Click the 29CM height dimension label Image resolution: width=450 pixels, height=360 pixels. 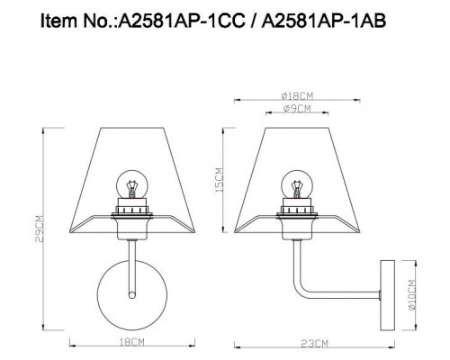point(40,229)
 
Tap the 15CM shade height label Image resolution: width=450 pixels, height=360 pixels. point(219,180)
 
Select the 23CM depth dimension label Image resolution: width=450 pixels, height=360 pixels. point(315,344)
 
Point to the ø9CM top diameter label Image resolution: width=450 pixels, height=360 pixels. point(297,109)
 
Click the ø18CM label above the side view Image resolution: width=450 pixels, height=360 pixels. point(297,96)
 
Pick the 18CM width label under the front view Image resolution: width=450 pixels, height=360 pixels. point(132,342)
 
